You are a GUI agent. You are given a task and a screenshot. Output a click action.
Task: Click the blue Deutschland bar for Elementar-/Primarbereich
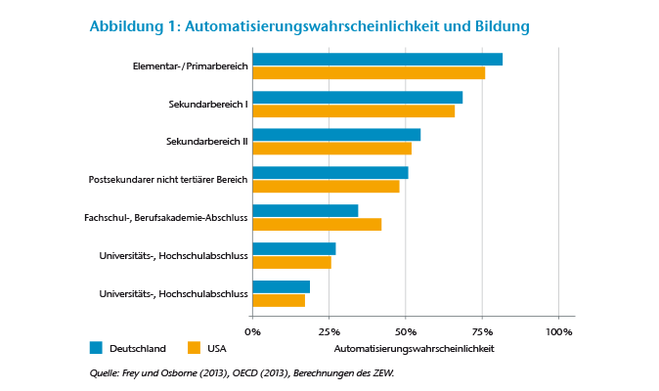[x=377, y=60]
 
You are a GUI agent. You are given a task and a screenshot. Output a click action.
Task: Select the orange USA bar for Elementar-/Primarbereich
[x=369, y=72]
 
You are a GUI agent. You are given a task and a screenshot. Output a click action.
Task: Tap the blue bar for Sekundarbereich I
[x=357, y=98]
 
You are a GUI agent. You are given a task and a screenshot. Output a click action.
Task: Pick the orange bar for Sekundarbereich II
[x=331, y=148]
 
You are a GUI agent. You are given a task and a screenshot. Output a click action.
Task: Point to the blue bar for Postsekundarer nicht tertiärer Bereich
[x=330, y=173]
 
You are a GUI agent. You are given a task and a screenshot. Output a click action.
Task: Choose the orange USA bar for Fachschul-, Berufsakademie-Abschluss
[x=317, y=224]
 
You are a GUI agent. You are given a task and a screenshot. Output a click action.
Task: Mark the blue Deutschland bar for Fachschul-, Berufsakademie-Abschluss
[x=305, y=211]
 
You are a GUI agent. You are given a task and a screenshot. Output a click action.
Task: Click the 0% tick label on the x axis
[x=252, y=332]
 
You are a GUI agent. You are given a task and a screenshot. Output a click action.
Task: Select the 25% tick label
[x=329, y=332]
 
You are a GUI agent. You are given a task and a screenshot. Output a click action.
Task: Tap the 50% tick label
[x=405, y=332]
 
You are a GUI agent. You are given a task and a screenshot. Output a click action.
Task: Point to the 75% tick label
[x=481, y=332]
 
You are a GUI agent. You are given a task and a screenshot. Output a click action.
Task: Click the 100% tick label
[x=558, y=332]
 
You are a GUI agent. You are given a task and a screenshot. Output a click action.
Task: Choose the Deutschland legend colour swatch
[x=96, y=347]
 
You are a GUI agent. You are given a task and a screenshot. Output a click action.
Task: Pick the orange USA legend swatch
[x=194, y=347]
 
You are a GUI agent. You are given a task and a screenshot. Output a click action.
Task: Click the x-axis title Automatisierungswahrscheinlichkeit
[x=415, y=348]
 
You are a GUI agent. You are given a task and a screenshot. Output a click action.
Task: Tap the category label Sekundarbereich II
[x=206, y=142]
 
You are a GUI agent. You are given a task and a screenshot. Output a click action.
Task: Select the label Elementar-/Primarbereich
[x=190, y=66]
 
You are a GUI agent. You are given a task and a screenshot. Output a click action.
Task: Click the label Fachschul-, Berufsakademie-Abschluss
[x=165, y=218]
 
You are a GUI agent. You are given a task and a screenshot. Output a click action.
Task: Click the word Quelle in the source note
[x=105, y=372]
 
